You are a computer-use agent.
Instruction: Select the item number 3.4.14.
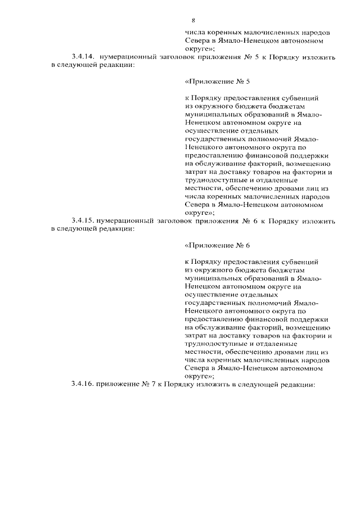tap(82, 57)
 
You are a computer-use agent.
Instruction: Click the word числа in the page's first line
tap(194, 33)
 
